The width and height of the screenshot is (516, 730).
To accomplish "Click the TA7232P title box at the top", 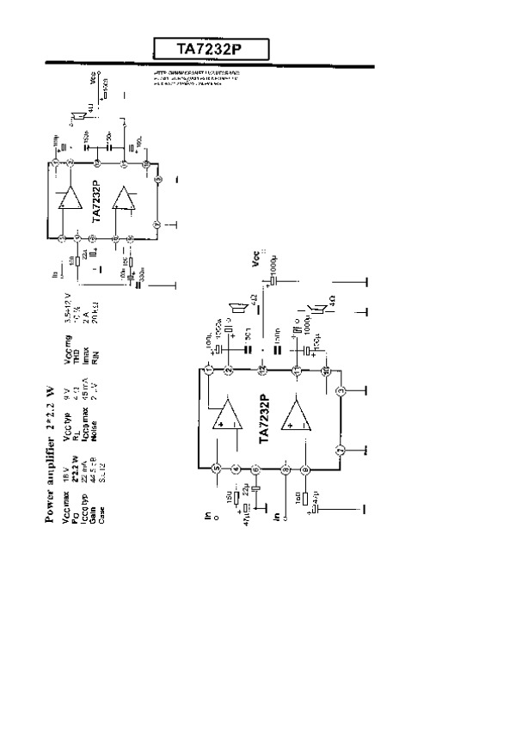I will click(x=210, y=50).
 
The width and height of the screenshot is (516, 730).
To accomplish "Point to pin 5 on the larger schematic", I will click(x=215, y=468).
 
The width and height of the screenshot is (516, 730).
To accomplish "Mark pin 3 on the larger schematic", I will click(x=341, y=392).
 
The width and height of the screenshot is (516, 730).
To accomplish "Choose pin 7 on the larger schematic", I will click(x=341, y=451).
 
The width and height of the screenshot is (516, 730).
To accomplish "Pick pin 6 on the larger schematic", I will click(x=256, y=469).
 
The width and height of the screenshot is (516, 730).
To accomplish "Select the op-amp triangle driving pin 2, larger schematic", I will click(x=229, y=419).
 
